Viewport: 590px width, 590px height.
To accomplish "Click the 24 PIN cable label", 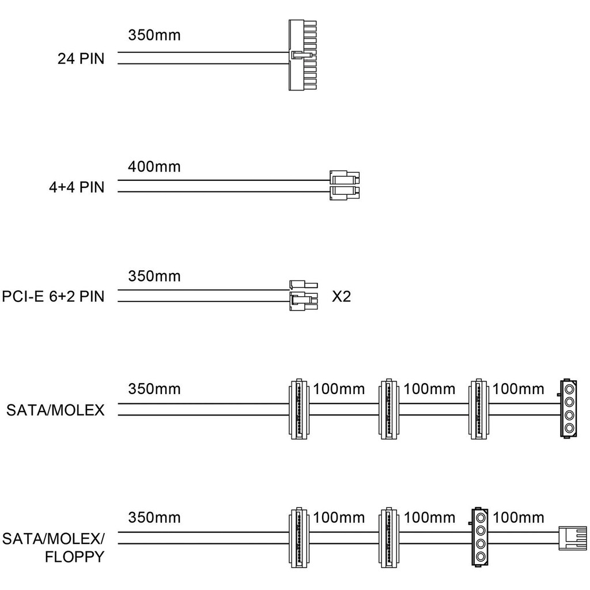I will point(81,58).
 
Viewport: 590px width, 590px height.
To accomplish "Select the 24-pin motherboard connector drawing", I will point(302,55).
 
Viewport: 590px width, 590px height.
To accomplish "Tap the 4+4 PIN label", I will point(77,187).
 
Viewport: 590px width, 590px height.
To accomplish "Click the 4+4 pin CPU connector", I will point(344,185).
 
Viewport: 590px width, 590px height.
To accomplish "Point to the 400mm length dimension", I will point(154,167).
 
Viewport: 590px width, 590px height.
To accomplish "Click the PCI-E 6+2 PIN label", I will point(53,297).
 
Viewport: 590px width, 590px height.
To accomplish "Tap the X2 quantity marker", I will point(342,297).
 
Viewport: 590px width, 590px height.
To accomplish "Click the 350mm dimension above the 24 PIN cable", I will point(154,36).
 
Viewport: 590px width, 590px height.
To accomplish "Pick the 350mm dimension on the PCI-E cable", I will point(154,277).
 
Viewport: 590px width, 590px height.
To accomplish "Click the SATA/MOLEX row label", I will point(55,410).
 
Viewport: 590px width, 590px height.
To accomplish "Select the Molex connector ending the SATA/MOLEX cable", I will point(569,409).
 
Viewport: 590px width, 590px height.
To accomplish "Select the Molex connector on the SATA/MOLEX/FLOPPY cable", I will point(480,538).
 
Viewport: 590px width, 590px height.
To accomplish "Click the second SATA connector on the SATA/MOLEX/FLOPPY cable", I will point(389,538).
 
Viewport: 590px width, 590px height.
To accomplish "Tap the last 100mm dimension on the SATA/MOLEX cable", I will point(519,389).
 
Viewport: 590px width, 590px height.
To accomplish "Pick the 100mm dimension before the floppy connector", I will point(519,517).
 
